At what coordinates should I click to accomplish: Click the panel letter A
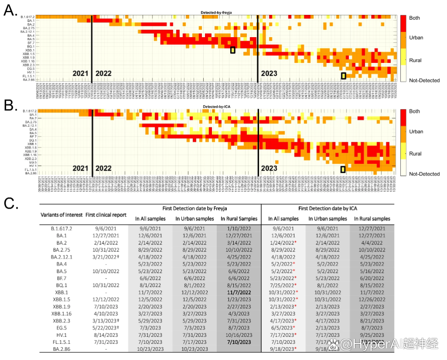click(x=10, y=9)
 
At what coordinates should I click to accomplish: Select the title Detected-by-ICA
click(x=215, y=107)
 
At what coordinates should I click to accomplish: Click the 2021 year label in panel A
click(x=80, y=73)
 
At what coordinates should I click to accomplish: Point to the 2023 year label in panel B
click(x=269, y=168)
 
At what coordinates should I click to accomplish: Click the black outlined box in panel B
click(x=343, y=169)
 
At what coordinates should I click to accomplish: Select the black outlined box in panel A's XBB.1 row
click(x=233, y=50)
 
